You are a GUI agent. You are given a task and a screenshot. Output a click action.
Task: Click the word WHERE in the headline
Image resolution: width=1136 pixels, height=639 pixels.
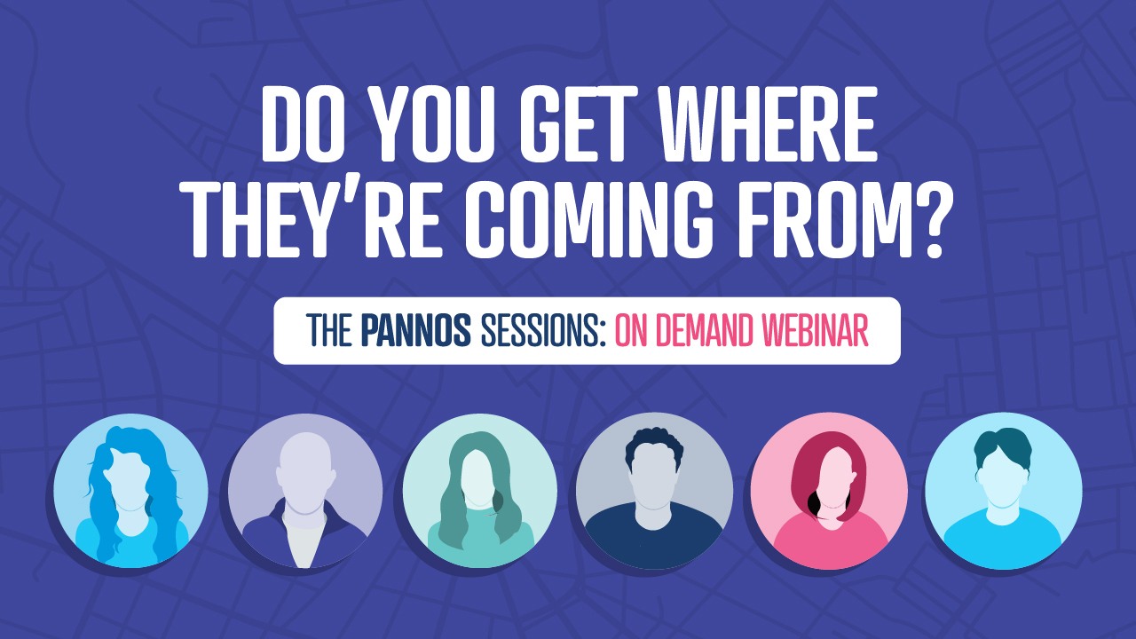pyautogui.click(x=749, y=124)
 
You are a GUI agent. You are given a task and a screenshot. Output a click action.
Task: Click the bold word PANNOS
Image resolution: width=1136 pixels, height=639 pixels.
pyautogui.click(x=416, y=331)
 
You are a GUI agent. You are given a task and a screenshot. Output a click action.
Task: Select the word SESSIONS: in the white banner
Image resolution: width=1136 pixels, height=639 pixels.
pyautogui.click(x=543, y=331)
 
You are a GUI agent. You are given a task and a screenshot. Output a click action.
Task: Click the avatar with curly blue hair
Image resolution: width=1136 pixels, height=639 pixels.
pyautogui.click(x=130, y=491)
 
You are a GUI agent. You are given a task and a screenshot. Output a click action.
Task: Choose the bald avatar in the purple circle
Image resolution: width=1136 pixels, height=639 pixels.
pyautogui.click(x=304, y=491)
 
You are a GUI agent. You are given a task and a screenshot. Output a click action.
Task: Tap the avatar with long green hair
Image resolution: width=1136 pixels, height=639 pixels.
pyautogui.click(x=480, y=491)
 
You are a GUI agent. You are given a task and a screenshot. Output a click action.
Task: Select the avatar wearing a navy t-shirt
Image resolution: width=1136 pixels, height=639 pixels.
pyautogui.click(x=654, y=491)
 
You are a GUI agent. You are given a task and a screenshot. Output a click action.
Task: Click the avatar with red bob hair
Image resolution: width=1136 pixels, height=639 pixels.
pyautogui.click(x=829, y=491)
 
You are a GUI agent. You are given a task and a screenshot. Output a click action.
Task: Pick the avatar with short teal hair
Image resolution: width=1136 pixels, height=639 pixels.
pyautogui.click(x=1003, y=491)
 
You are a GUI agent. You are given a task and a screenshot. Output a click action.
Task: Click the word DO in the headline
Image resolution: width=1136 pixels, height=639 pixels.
pyautogui.click(x=300, y=124)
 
